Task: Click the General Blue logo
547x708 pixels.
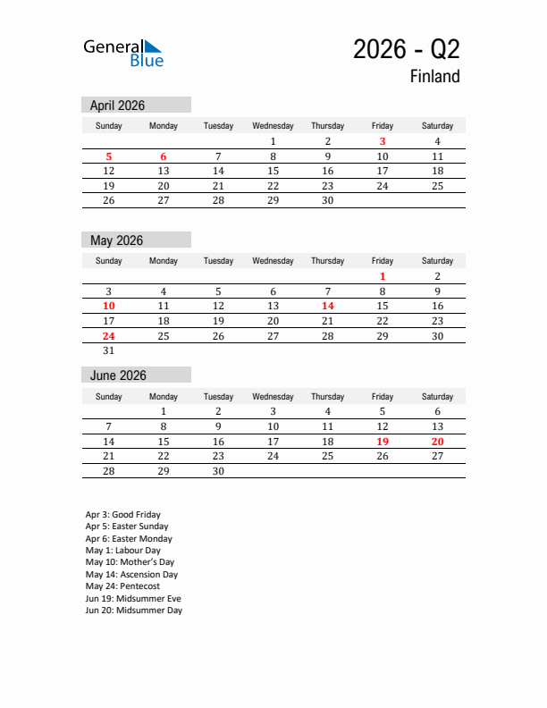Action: coord(123,53)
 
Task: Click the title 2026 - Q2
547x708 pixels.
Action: coord(406,49)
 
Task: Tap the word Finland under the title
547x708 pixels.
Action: coord(434,77)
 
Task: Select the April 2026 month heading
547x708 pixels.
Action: coord(117,105)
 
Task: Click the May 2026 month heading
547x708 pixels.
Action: coord(116,240)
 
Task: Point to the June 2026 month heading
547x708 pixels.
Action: coord(118,375)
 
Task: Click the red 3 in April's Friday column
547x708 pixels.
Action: coord(383,141)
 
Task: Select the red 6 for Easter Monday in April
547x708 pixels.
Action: coord(164,156)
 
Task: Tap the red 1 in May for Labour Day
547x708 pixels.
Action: coord(383,276)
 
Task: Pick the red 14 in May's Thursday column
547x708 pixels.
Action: coord(327,306)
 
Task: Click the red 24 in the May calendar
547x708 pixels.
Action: coord(108,336)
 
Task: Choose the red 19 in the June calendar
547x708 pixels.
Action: coord(383,441)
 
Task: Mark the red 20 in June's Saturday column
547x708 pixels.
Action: coord(437,441)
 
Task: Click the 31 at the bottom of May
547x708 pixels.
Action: coord(108,351)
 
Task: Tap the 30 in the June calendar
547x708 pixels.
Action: coord(218,471)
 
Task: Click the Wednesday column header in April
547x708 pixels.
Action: coord(273,126)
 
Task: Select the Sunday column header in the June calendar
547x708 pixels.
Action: coord(108,397)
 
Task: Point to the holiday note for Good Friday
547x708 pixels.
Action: coord(123,515)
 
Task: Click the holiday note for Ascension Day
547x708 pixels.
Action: coord(131,575)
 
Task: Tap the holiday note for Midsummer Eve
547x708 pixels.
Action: coord(133,599)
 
